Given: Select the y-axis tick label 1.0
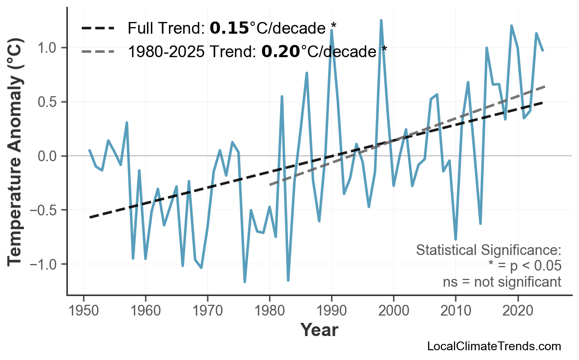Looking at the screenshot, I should pos(47,48).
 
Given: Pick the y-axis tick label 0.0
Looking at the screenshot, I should pos(47,156).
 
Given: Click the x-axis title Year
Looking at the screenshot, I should pos(319,331).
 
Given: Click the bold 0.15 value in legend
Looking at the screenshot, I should pos(229,28).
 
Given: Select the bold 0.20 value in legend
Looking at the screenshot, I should pos(281,51).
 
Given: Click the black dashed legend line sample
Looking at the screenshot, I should pos(98,28).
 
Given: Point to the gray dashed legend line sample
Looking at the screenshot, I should pos(98,51).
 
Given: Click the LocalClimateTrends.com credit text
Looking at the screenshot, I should pos(494,346).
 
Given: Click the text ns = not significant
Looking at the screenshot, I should pos(502,282).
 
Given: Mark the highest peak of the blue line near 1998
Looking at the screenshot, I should pos(381,21).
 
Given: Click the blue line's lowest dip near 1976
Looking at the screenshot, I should pos(245,282).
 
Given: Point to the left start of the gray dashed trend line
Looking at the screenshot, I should pos(270,185).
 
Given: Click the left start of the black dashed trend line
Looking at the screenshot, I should pos(90,217).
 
